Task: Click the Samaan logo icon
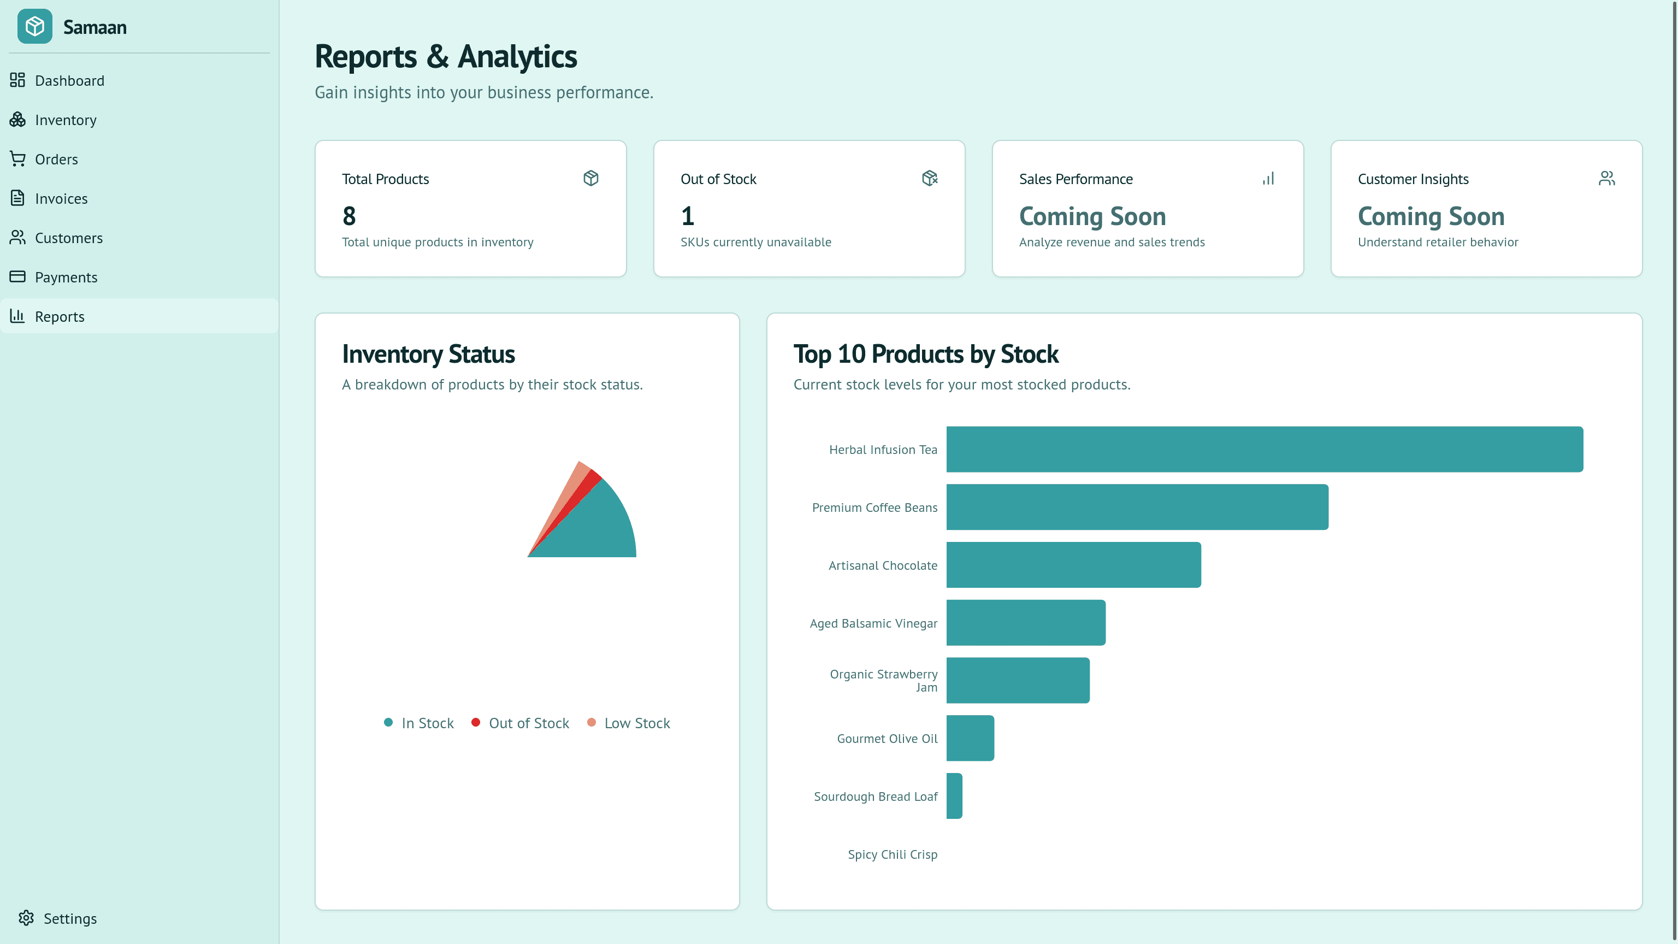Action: [34, 27]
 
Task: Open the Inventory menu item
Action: [65, 120]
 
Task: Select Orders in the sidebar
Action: [56, 160]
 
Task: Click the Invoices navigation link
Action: [61, 199]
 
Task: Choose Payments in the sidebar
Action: [66, 278]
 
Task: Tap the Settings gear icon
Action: [26, 918]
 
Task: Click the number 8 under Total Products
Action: [349, 216]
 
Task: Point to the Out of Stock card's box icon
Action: [930, 179]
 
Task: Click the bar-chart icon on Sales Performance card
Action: [1268, 179]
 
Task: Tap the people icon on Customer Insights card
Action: [1606, 179]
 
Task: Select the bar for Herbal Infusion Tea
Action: [1265, 450]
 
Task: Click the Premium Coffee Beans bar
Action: [1137, 507]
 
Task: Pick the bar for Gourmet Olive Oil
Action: [970, 738]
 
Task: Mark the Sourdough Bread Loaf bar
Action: [954, 796]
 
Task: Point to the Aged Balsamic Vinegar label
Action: [873, 623]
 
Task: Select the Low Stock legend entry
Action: [636, 723]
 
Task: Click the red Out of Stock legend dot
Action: [476, 723]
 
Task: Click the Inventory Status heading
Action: [428, 355]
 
